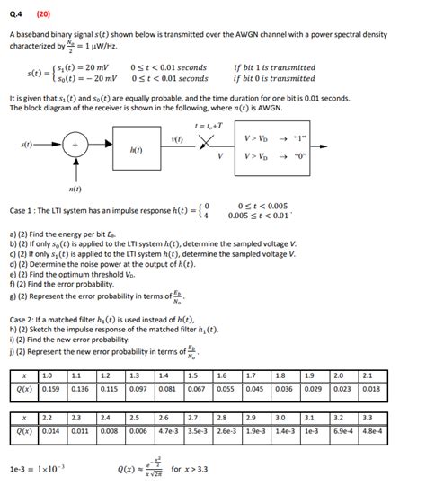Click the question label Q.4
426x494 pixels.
pyautogui.click(x=17, y=14)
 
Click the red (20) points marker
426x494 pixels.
pyautogui.click(x=44, y=14)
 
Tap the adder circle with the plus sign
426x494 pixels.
pyautogui.click(x=75, y=145)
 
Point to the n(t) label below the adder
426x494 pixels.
pyautogui.click(x=75, y=190)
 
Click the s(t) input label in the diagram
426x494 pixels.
pyautogui.click(x=27, y=144)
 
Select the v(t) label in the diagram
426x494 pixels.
pyautogui.click(x=177, y=138)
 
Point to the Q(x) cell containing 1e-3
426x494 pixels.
pyautogui.click(x=311, y=432)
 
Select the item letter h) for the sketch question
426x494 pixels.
pyautogui.click(x=13, y=331)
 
